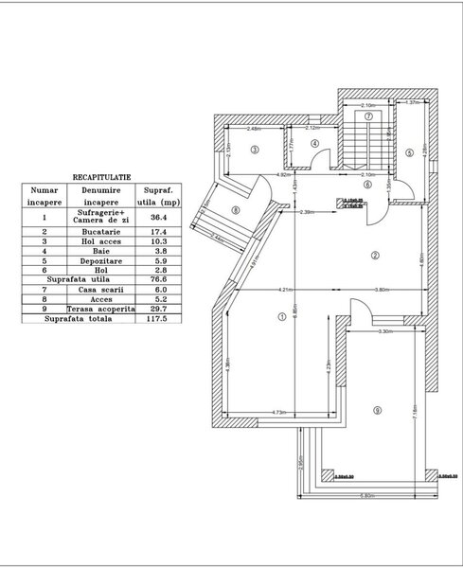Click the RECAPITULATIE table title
[101, 176]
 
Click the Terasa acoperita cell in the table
[100, 310]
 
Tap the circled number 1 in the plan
[281, 318]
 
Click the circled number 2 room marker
[375, 255]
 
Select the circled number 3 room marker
[255, 150]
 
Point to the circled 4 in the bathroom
[316, 144]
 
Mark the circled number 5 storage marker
[409, 151]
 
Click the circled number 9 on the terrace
[377, 409]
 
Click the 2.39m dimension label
[306, 212]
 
